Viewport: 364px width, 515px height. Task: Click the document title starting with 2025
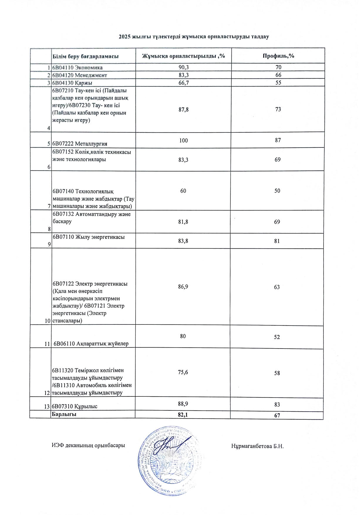[194, 37]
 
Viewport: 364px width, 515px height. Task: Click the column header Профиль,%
[278, 56]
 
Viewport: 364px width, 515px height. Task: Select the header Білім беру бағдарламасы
[85, 56]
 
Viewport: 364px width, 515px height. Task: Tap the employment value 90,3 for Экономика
[184, 67]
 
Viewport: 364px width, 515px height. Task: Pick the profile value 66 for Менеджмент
[278, 75]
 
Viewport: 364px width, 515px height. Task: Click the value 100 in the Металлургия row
[183, 140]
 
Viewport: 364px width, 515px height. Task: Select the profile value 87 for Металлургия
[278, 140]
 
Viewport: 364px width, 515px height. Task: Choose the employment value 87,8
[183, 110]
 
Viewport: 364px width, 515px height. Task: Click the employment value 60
[183, 191]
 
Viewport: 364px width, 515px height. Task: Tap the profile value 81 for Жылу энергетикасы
[277, 241]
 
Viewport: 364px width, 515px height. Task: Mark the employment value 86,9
[183, 287]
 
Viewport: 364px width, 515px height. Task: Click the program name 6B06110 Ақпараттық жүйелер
[91, 344]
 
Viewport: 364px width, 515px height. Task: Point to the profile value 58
[277, 373]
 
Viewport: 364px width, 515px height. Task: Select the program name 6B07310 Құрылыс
[75, 406]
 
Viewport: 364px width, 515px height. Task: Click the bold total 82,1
[183, 414]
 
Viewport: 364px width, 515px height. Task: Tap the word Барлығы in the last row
[64, 414]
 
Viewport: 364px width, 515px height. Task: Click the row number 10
[48, 321]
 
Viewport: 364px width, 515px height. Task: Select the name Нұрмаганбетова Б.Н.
[257, 446]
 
